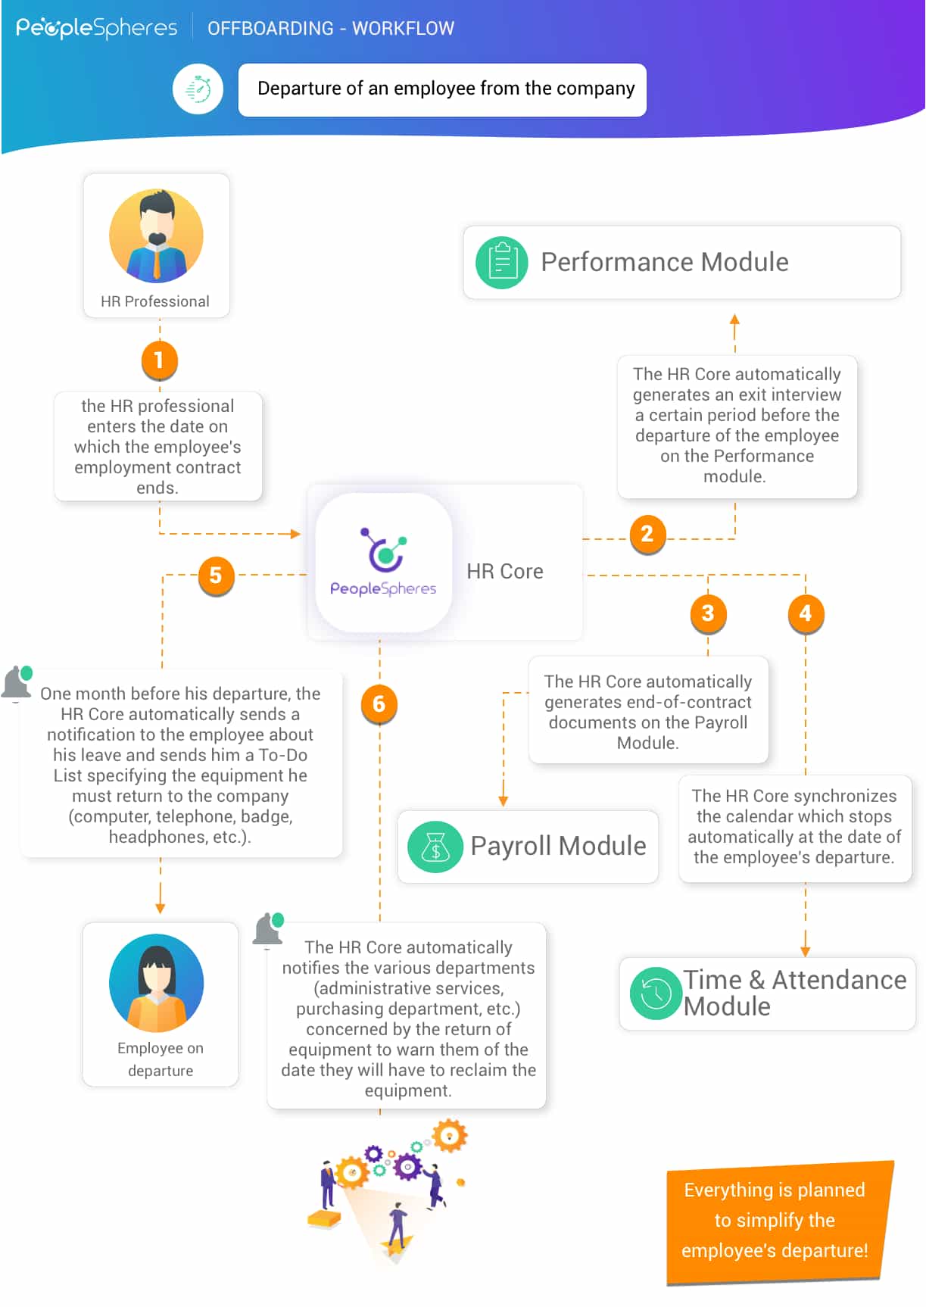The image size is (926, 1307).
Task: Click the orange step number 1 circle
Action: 159,360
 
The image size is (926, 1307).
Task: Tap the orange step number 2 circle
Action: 647,535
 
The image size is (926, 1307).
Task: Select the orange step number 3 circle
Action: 708,613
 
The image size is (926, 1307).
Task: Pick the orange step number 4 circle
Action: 806,613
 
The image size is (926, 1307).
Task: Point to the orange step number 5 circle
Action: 216,576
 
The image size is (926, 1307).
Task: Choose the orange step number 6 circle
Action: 379,704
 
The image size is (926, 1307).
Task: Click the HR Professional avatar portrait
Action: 157,236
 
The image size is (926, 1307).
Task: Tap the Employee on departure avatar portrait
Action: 157,982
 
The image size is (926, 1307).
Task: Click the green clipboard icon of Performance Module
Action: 502,263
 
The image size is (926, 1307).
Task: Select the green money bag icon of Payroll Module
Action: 435,847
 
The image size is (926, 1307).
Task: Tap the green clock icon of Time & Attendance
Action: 656,993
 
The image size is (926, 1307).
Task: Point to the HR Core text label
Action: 505,572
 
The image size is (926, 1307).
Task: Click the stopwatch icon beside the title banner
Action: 198,89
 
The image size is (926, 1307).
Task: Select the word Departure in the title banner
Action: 299,89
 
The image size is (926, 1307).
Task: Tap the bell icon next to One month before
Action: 17,683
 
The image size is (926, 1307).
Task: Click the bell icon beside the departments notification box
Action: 268,930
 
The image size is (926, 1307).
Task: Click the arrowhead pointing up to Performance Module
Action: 734,320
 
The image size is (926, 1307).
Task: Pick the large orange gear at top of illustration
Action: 450,1136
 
